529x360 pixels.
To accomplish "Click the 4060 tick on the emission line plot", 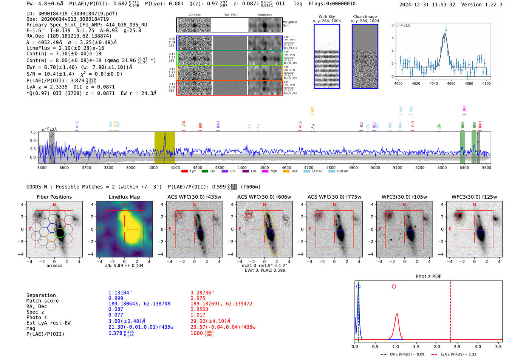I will tap(451, 83).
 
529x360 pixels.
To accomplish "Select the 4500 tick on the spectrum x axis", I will tap(264, 167).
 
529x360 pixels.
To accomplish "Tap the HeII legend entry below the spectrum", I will tap(291, 171).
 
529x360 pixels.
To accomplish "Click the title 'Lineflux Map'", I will tap(124, 197).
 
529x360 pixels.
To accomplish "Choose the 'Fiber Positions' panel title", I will tap(54, 197).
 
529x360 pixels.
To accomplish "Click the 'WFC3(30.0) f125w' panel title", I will tap(474, 197).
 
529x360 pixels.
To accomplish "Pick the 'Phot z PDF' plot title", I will tap(428, 277).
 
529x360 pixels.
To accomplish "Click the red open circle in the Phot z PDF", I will tap(394, 287).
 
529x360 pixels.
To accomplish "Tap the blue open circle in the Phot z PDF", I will tap(358, 287).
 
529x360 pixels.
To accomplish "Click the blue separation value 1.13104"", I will tap(120, 293).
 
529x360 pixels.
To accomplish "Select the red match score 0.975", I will tap(198, 298).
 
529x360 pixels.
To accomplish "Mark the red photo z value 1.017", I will tap(198, 315).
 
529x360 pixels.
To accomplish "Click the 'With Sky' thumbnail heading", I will tap(327, 17).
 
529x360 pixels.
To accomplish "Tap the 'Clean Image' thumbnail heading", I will tap(365, 17).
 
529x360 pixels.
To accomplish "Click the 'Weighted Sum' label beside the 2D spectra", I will tap(289, 24).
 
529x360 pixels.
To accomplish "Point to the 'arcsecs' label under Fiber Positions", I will tap(54, 266).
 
